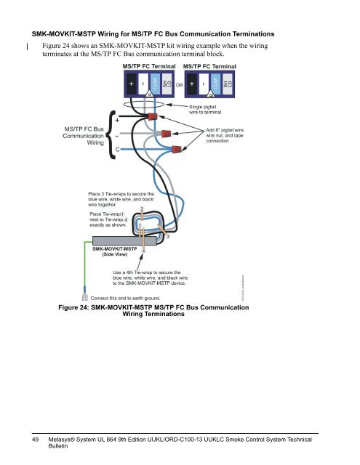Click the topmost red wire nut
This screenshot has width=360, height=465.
tap(153, 117)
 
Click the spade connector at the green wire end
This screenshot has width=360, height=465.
tap(85, 296)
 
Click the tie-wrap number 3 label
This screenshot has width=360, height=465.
tap(168, 237)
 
